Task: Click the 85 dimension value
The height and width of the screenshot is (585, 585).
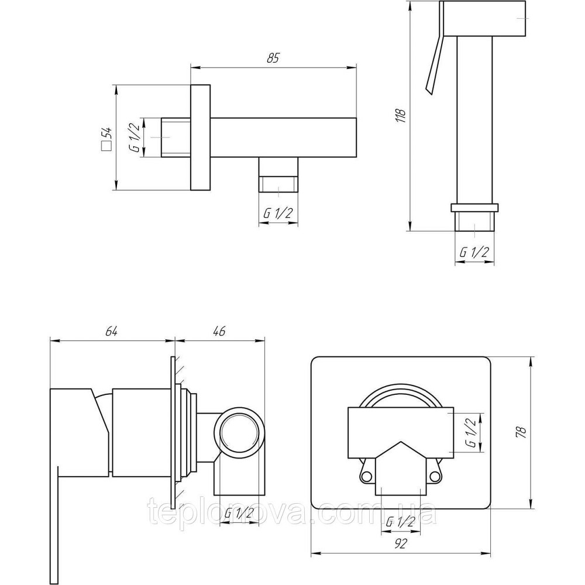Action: click(273, 58)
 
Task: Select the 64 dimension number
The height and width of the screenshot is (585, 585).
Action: click(111, 331)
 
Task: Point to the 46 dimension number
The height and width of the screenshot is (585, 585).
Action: click(219, 331)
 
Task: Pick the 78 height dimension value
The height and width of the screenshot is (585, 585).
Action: click(522, 432)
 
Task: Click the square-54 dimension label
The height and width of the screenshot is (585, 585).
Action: click(106, 139)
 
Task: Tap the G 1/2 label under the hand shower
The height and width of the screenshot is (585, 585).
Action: click(474, 253)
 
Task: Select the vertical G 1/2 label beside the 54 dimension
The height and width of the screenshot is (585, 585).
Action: click(135, 137)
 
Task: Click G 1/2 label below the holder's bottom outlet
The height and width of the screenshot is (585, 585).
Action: click(278, 213)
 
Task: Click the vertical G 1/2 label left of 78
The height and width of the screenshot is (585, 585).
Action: click(472, 432)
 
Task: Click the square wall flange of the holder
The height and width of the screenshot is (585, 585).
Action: click(200, 137)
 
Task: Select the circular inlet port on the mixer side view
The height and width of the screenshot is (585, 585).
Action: click(239, 434)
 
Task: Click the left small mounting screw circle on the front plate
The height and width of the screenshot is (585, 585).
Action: click(366, 475)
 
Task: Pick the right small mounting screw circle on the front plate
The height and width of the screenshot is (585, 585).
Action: click(434, 475)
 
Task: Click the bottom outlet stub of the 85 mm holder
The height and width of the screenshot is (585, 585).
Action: click(278, 174)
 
